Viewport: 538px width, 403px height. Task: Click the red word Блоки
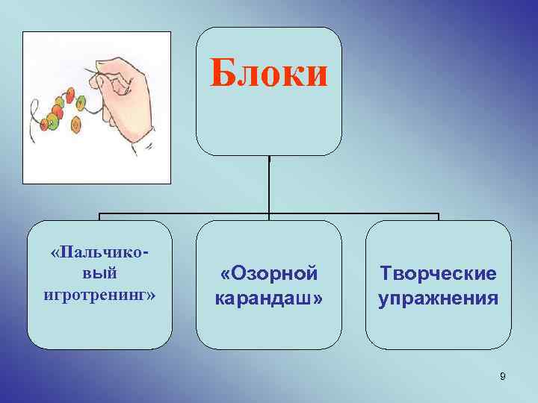coord(268,74)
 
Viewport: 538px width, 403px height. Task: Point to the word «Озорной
coord(269,274)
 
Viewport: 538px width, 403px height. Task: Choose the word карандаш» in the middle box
coord(269,299)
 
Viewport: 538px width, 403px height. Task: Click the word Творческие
coord(438,274)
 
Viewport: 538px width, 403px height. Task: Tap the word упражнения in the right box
coord(438,299)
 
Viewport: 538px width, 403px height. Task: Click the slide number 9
coord(503,376)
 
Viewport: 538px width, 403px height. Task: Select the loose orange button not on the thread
coord(75,126)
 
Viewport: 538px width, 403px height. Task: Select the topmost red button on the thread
coord(70,95)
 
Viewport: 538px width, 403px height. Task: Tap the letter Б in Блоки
coord(222,74)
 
